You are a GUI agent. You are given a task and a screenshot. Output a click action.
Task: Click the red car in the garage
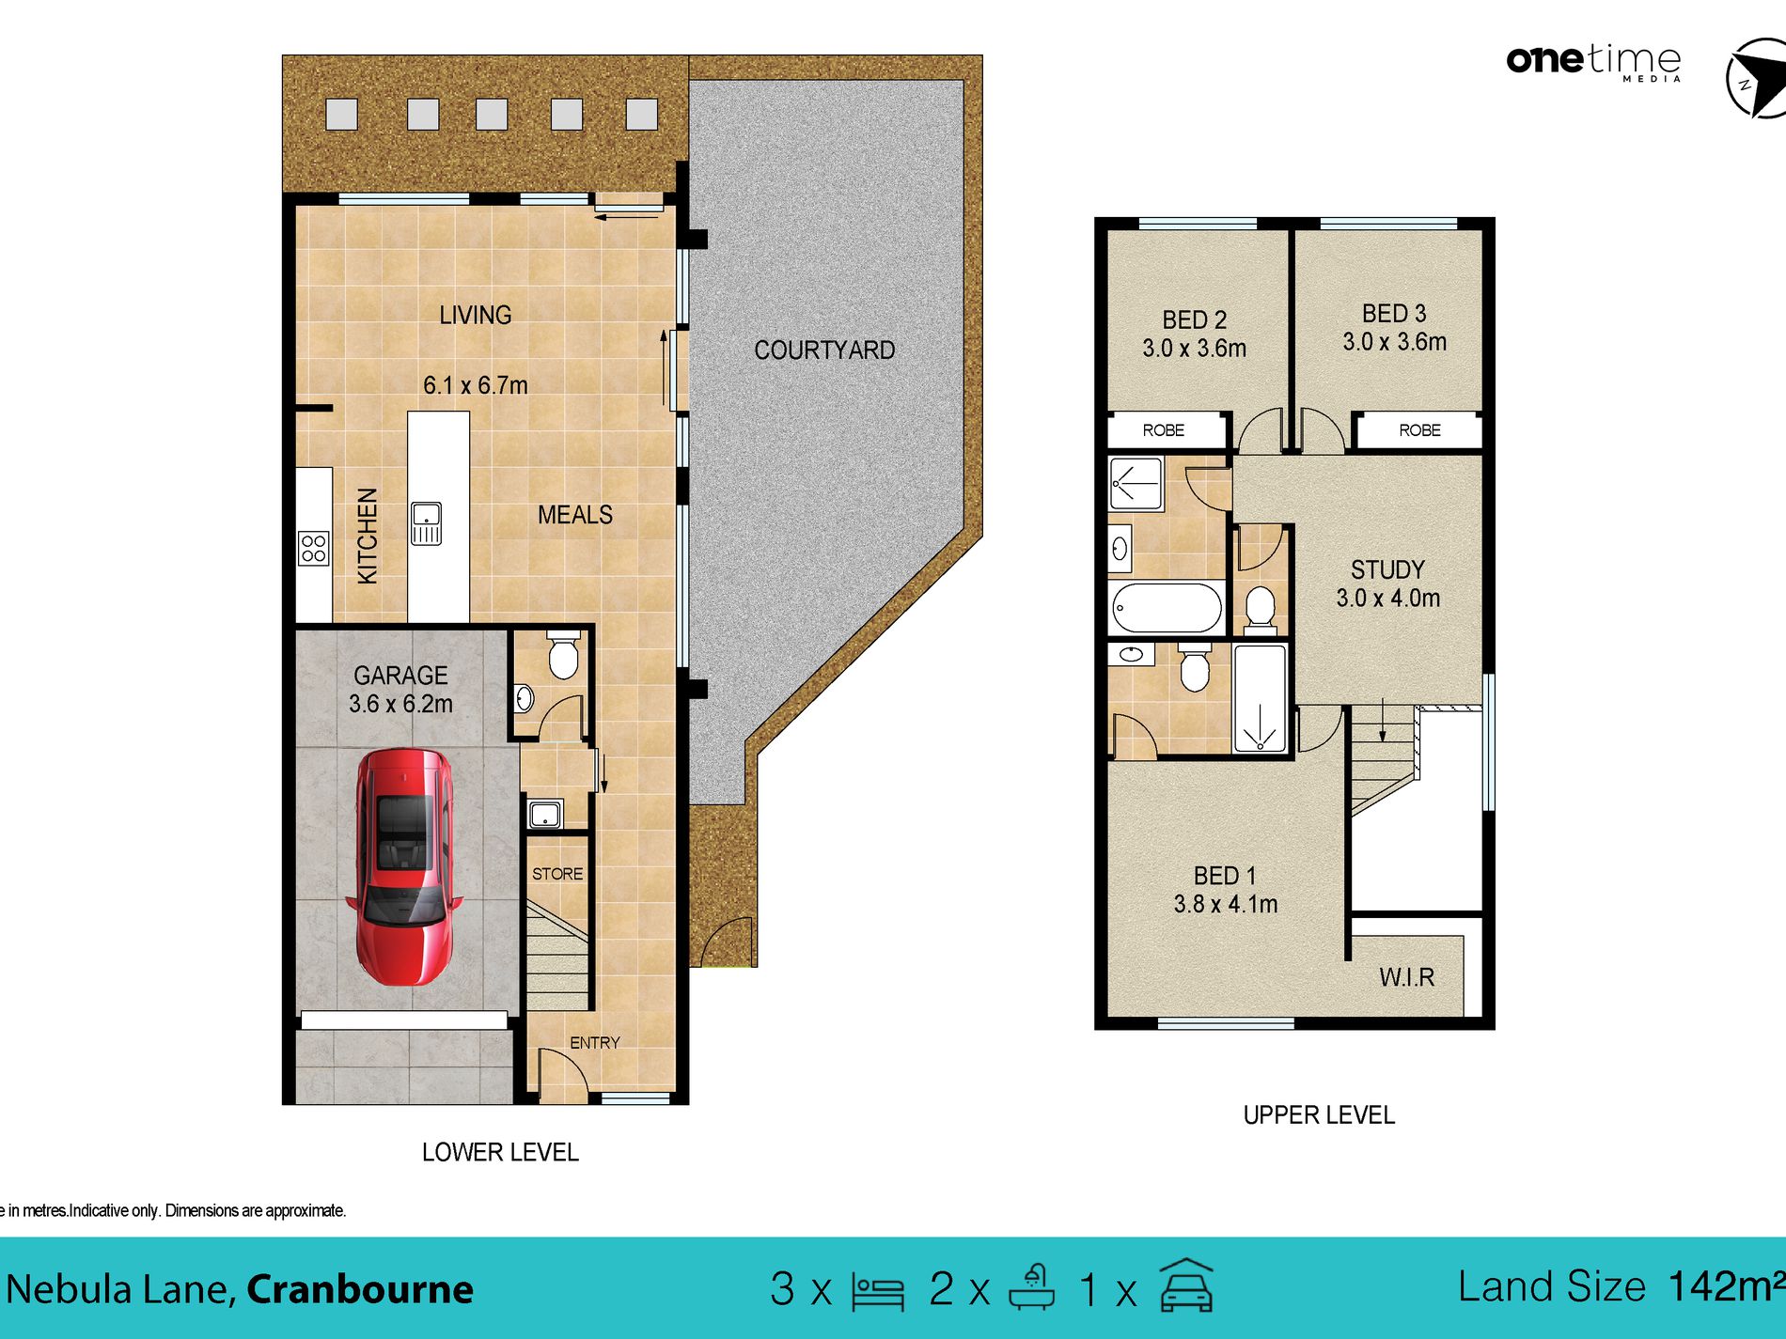(404, 866)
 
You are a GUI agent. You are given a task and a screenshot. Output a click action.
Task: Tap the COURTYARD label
(823, 350)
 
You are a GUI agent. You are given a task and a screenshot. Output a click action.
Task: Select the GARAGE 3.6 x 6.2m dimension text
(400, 703)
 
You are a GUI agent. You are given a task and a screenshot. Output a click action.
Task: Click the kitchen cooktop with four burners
(314, 548)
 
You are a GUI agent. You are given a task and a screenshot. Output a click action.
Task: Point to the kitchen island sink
(426, 523)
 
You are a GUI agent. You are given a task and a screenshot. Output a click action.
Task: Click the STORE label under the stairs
(556, 874)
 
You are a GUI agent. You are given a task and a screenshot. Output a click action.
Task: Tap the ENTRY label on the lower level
(594, 1043)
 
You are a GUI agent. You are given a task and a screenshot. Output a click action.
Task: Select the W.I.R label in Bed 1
(1406, 977)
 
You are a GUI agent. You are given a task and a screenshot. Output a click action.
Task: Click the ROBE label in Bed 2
(1163, 430)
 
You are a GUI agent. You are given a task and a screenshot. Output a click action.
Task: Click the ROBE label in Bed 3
(1419, 430)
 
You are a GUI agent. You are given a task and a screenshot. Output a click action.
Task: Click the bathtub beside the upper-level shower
(1167, 608)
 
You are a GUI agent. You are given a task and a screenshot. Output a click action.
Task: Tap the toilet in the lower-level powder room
(563, 655)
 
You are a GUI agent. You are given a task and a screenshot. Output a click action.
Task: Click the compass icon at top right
(1756, 79)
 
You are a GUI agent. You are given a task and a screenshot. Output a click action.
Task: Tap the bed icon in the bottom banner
(877, 1291)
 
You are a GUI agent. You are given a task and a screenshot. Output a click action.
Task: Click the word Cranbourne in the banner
(359, 1289)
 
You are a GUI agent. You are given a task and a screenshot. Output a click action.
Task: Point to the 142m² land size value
(1725, 1286)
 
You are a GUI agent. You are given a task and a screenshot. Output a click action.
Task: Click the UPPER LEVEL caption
(1318, 1115)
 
